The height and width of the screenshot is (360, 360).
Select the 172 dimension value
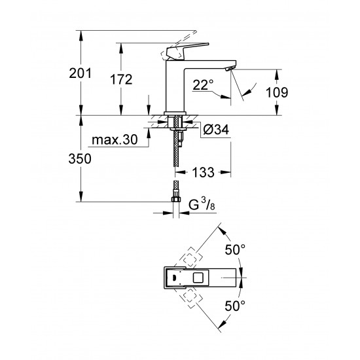(x=121, y=80)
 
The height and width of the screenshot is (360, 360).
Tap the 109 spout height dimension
(x=278, y=92)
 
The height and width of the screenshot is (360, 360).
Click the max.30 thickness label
(x=115, y=140)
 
